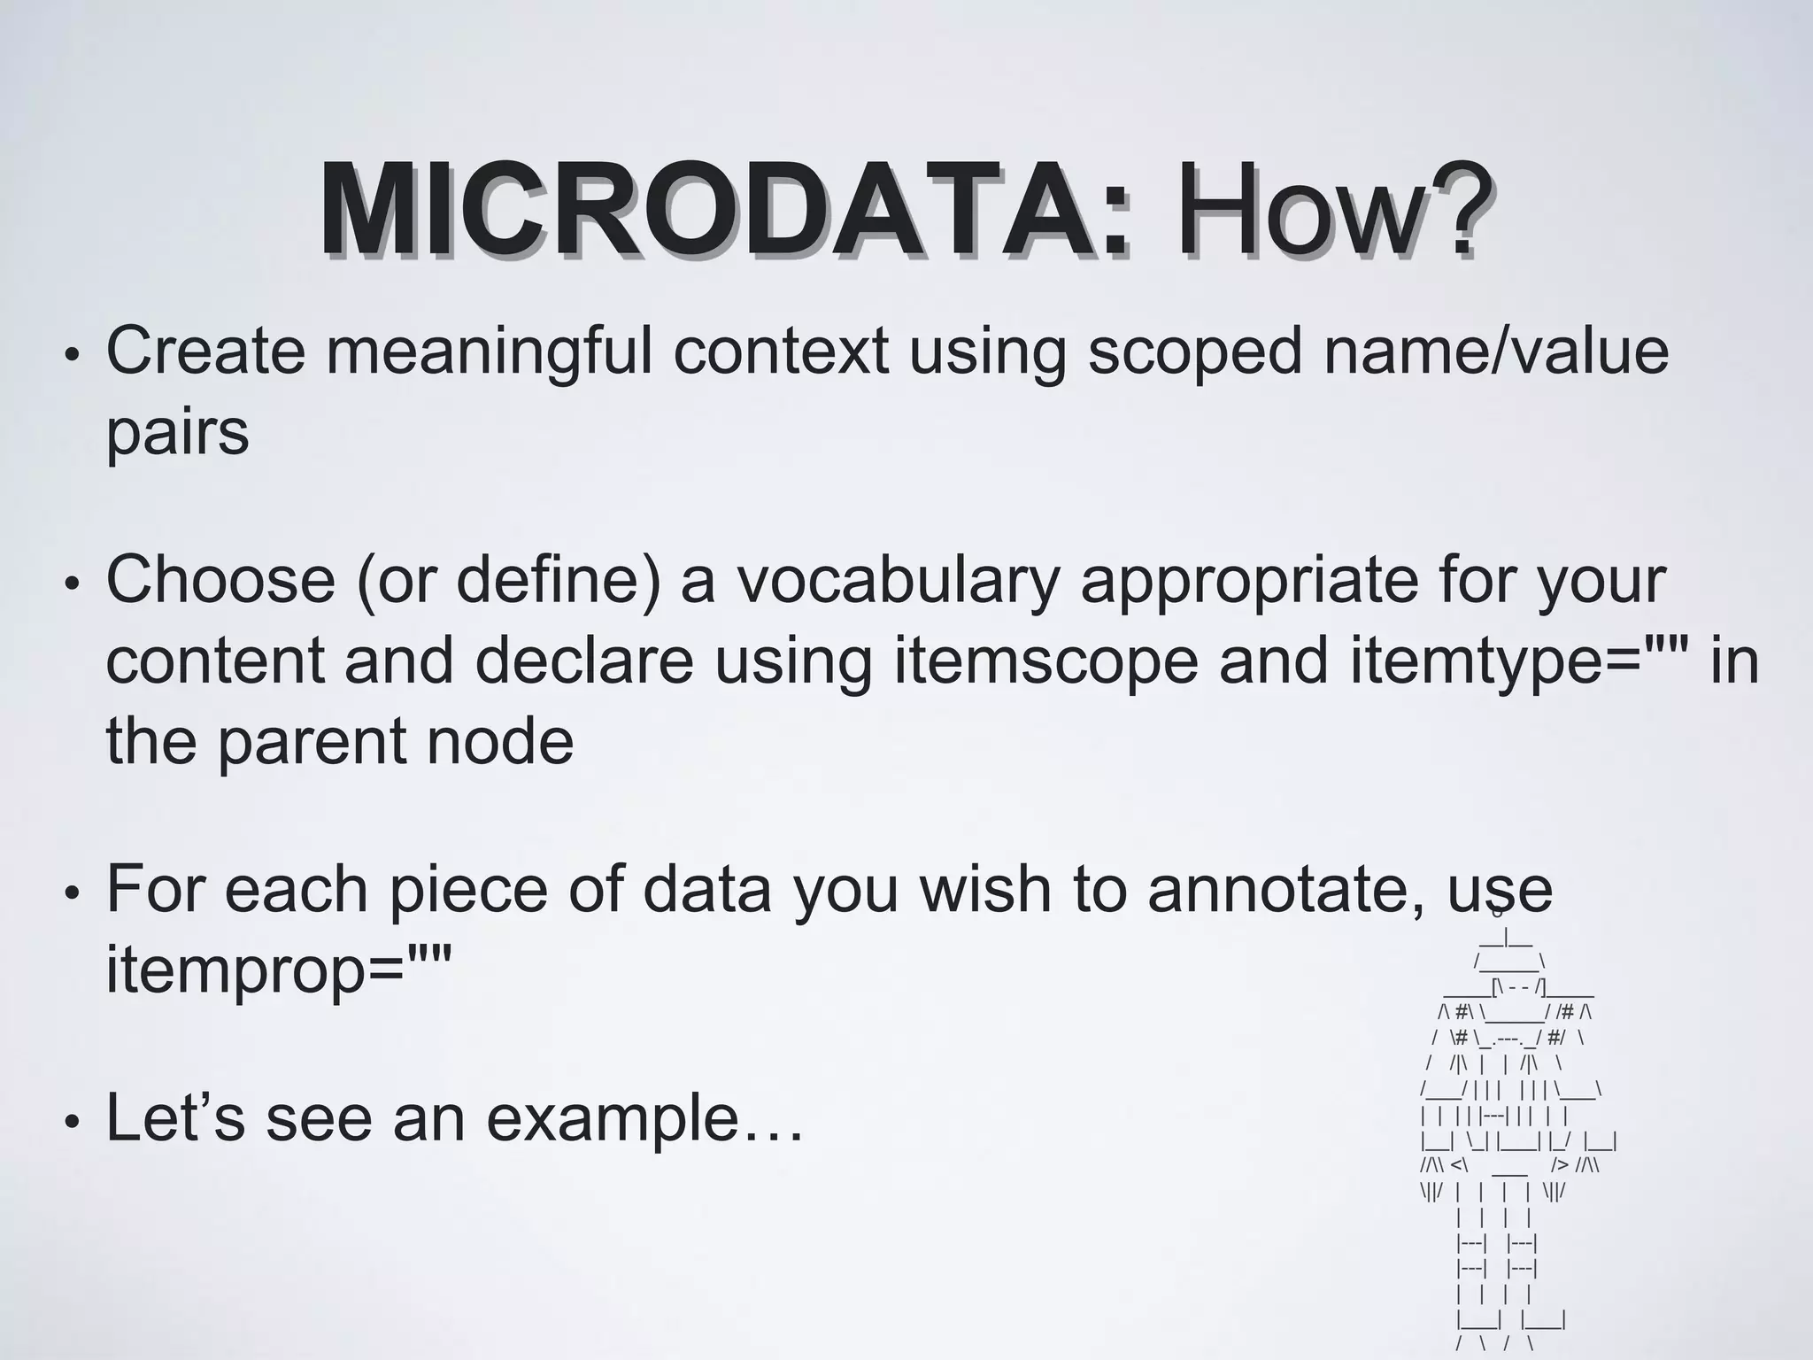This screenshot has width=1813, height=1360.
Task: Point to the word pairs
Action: [177, 434]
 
